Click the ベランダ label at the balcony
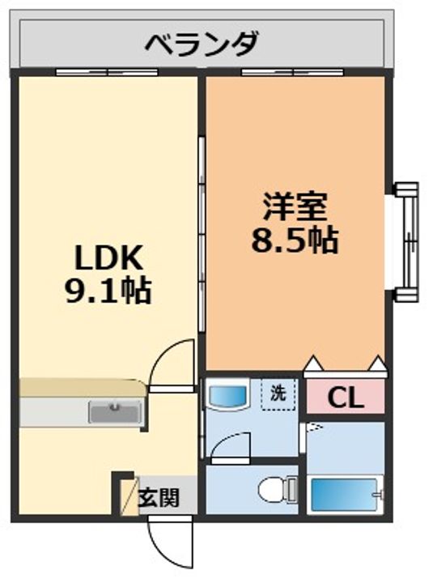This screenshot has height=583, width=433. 202,42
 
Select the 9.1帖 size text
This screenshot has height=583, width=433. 108,289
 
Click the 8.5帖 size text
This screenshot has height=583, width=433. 295,240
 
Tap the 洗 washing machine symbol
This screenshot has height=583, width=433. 278,395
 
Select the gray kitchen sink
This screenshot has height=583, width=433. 117,413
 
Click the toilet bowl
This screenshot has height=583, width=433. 274,489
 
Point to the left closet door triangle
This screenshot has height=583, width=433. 312,363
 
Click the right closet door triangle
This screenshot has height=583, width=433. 377,363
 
